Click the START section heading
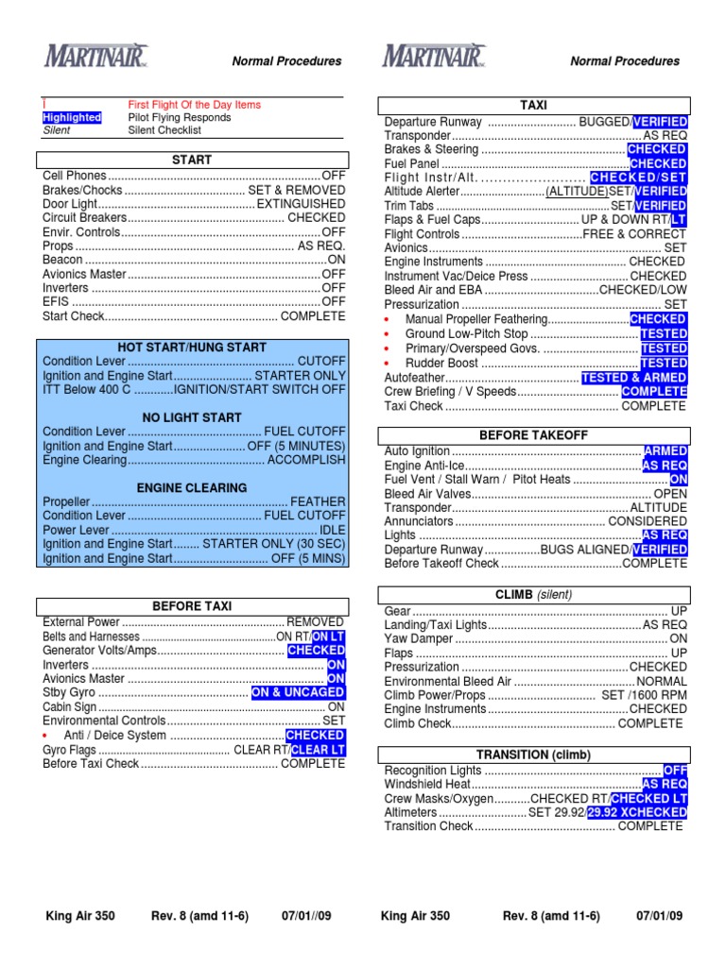(192, 161)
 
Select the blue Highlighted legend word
(72, 118)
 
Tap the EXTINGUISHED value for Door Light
(301, 204)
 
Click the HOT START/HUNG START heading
(192, 348)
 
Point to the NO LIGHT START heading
(192, 417)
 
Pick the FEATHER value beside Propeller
(318, 502)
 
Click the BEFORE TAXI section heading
(192, 606)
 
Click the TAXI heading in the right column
(534, 106)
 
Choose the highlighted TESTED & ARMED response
(633, 378)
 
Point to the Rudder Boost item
(441, 364)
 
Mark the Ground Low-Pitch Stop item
(466, 334)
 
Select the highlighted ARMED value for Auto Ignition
(665, 452)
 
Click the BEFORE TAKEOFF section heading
(534, 435)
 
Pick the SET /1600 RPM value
(644, 695)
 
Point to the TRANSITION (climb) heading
(534, 755)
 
